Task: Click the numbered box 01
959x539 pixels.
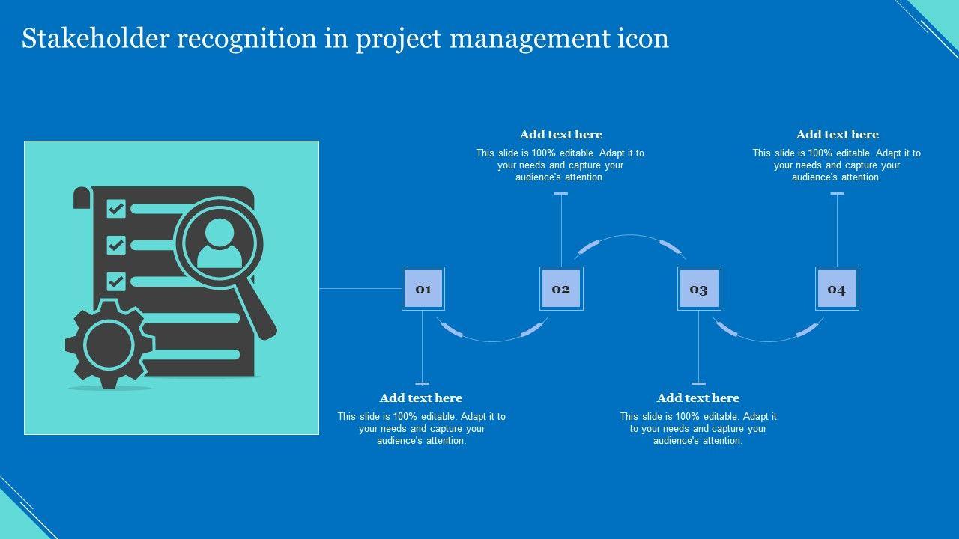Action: pos(423,289)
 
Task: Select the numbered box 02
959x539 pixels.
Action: pos(561,289)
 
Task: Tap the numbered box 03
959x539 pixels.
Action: pos(699,289)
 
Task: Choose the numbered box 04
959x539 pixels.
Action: pos(837,289)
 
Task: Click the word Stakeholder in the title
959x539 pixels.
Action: pos(94,38)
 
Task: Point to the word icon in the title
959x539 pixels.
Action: pos(644,38)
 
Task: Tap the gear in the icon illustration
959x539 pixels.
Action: pos(109,344)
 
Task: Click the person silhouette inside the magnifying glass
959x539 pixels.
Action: pos(219,245)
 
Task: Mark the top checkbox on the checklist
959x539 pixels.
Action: pos(116,208)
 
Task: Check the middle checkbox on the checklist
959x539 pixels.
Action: pos(116,245)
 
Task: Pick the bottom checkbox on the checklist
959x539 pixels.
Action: pos(116,281)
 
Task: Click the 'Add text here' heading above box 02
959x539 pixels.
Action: pos(561,135)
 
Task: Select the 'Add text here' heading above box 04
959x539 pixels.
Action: pos(837,135)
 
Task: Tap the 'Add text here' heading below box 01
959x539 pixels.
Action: pos(421,398)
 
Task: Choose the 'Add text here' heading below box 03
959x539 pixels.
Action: pos(698,398)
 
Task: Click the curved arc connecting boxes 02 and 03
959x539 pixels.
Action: pos(630,236)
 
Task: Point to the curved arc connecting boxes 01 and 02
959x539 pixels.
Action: pos(492,341)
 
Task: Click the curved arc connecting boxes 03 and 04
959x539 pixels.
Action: pos(768,341)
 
